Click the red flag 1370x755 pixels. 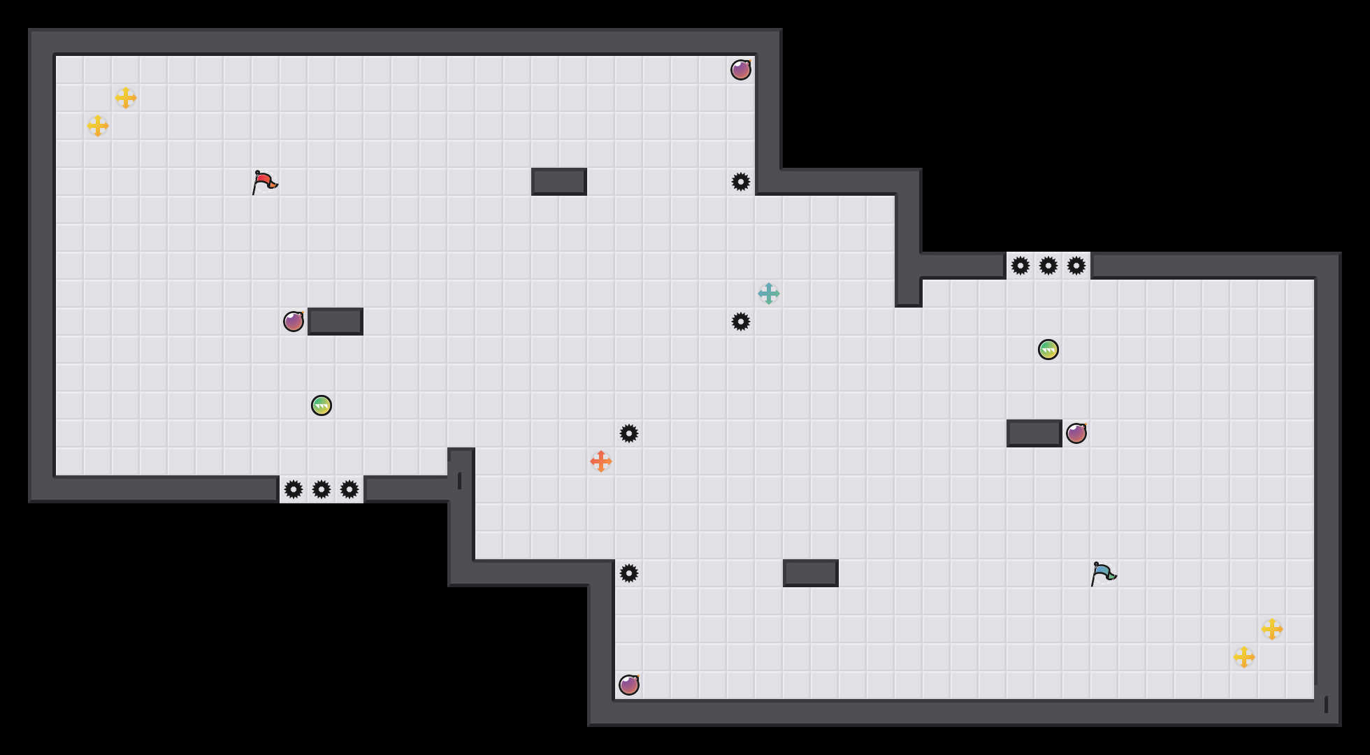click(264, 182)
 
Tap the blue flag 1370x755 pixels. click(1103, 573)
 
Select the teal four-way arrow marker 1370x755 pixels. click(769, 294)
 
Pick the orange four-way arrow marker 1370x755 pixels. click(601, 461)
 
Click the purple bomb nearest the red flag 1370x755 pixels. click(294, 322)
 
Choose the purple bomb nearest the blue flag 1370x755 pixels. click(1076, 433)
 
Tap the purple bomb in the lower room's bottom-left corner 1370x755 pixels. click(629, 685)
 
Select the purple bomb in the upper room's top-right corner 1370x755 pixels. click(741, 70)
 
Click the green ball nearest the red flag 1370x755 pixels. click(322, 405)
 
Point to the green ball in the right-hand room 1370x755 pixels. click(1048, 350)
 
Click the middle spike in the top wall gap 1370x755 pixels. click(1048, 266)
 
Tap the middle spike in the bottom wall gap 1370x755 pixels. click(322, 489)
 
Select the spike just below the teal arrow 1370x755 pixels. click(741, 322)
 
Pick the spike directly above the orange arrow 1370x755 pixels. click(629, 433)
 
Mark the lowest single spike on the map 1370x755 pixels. click(629, 573)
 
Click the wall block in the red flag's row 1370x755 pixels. click(559, 182)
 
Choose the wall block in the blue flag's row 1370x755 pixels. click(811, 573)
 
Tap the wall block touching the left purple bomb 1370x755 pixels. click(336, 322)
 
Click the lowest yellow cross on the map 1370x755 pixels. click(1244, 657)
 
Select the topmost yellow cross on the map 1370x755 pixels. click(126, 98)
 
